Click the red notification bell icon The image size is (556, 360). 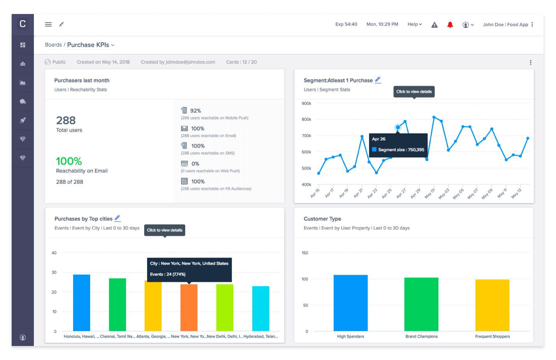pyautogui.click(x=450, y=24)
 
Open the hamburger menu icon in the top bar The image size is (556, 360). pyautogui.click(x=48, y=24)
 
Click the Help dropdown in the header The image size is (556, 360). pyautogui.click(x=414, y=24)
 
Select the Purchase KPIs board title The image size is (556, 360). pyautogui.click(x=88, y=45)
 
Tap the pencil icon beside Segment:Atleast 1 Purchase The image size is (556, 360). pyautogui.click(x=378, y=80)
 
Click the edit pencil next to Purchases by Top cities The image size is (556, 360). pyautogui.click(x=117, y=218)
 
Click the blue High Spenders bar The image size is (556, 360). pyautogui.click(x=350, y=303)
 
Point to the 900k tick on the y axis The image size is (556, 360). pyautogui.click(x=306, y=103)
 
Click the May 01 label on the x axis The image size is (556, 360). pyautogui.click(x=430, y=193)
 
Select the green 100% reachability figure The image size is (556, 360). pyautogui.click(x=69, y=161)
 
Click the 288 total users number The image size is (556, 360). pyautogui.click(x=66, y=121)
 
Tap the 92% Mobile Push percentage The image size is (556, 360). pyautogui.click(x=195, y=111)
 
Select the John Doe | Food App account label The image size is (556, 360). pyautogui.click(x=505, y=24)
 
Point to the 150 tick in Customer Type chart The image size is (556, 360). pyautogui.click(x=305, y=253)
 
